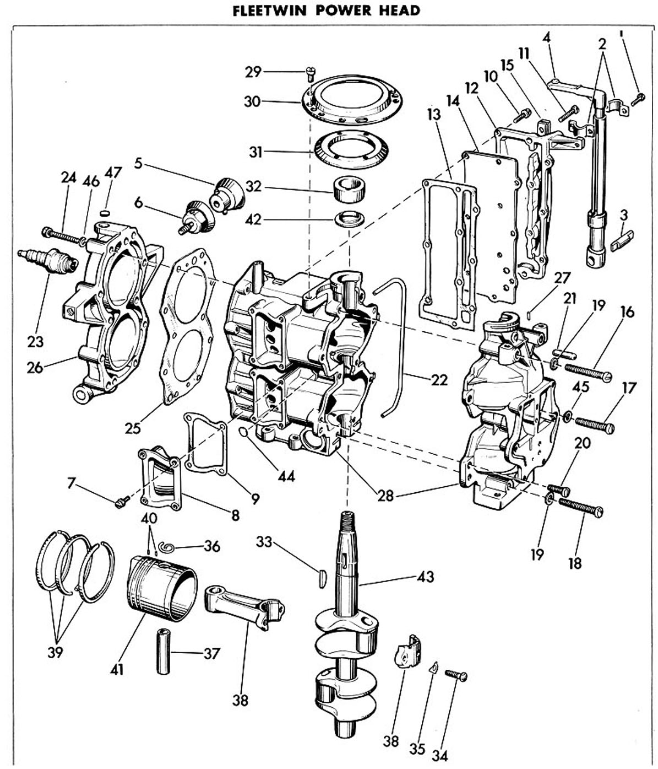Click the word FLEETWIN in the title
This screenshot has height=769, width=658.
pyautogui.click(x=269, y=10)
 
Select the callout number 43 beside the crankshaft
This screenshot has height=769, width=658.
pyautogui.click(x=425, y=577)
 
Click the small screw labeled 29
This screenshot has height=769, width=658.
pyautogui.click(x=310, y=73)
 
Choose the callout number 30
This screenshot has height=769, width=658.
pyautogui.click(x=252, y=101)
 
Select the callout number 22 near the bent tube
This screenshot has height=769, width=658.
pyautogui.click(x=439, y=380)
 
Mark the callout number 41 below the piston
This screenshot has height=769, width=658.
pyautogui.click(x=116, y=670)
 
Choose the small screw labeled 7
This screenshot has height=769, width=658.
pyautogui.click(x=122, y=502)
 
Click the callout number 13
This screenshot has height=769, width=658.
pyautogui.click(x=433, y=115)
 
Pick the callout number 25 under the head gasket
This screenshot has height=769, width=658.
pyautogui.click(x=133, y=428)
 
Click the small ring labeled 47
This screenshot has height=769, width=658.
pyautogui.click(x=105, y=213)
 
